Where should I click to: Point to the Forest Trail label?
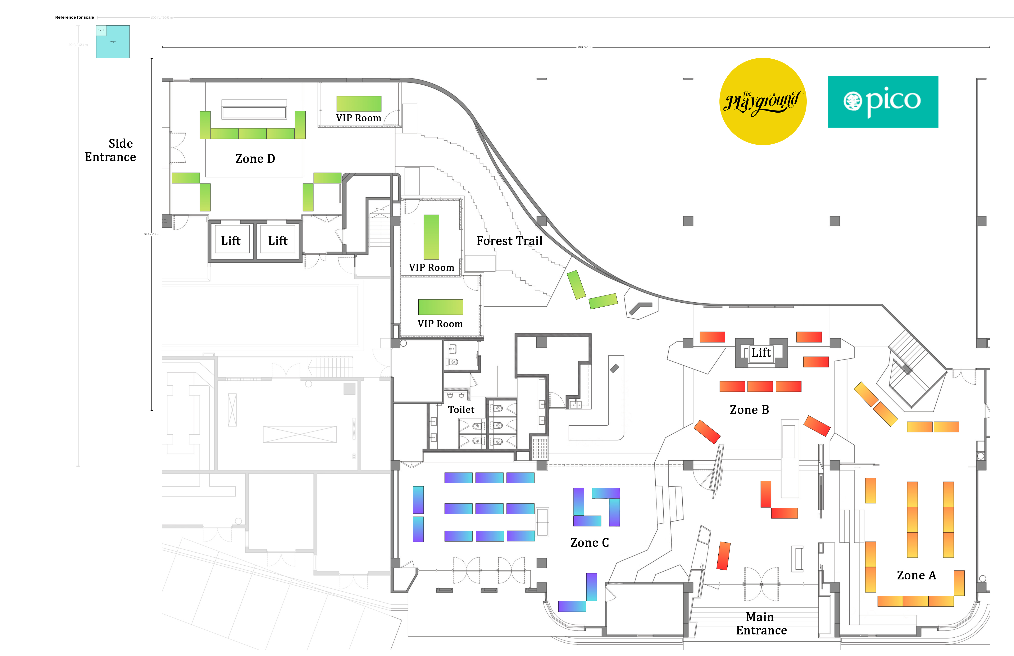(x=509, y=241)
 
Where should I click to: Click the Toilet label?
(x=461, y=410)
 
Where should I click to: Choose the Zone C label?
(x=589, y=543)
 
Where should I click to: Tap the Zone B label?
(x=749, y=410)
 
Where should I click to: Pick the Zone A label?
(x=916, y=575)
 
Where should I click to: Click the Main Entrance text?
(x=761, y=624)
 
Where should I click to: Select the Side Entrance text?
(x=111, y=150)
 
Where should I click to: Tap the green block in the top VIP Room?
(x=359, y=104)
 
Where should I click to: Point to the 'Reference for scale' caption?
(x=74, y=17)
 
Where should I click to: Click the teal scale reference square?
(x=113, y=42)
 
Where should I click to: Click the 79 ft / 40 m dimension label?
(x=584, y=47)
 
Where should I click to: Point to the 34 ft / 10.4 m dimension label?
(x=152, y=234)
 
